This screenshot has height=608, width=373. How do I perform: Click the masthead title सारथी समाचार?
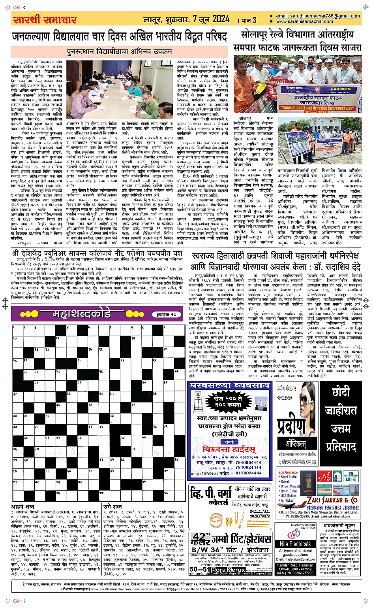coord(45,19)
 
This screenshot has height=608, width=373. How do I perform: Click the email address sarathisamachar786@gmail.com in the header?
coord(318,16)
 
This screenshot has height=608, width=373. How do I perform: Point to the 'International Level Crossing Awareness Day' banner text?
coord(316,108)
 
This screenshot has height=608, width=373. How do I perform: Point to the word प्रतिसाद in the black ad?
coord(341,447)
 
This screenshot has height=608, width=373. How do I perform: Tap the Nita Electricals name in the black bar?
coord(295,544)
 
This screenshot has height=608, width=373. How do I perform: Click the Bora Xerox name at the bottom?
coord(225,569)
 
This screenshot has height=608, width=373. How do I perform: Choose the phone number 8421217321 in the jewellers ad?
coord(260,511)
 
